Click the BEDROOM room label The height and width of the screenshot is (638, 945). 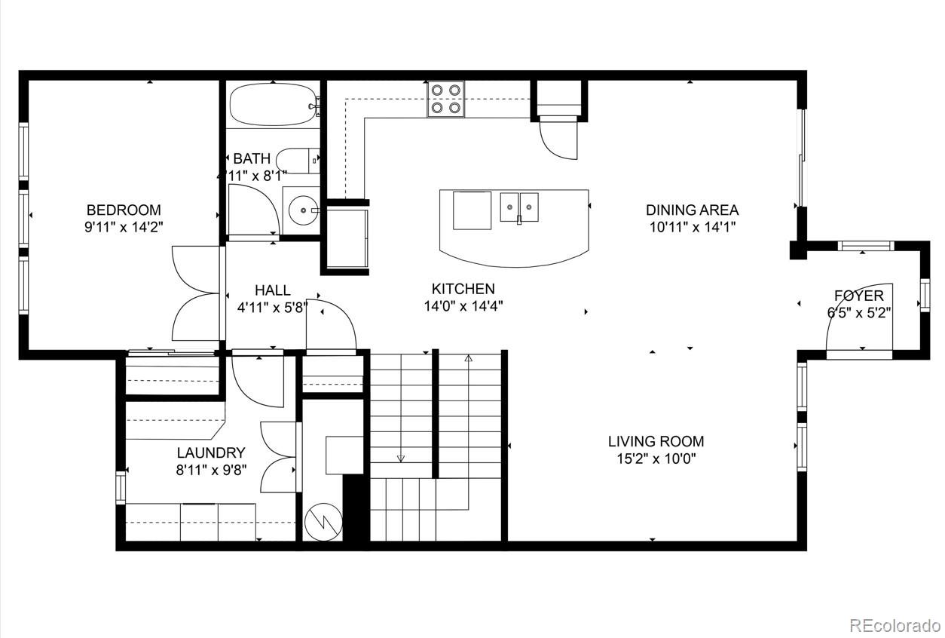pos(124,210)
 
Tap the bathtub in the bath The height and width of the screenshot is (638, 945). pos(274,104)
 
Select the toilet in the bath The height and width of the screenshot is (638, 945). pos(298,161)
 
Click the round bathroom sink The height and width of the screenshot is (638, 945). pos(304,210)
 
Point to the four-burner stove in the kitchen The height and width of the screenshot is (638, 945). pos(446,99)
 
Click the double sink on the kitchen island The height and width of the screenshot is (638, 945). pos(519,207)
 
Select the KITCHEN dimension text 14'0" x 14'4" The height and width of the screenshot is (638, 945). pos(463,305)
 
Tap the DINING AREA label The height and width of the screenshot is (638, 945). pos(693,210)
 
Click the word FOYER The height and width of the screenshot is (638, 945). pos(859,296)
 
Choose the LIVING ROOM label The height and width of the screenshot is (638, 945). pos(656,441)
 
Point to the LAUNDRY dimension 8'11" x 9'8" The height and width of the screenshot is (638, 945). pos(211,470)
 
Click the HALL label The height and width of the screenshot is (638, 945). pos(273,290)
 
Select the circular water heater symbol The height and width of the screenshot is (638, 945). pos(324,521)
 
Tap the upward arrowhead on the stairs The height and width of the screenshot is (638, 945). pos(468,358)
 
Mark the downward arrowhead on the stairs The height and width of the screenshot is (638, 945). pos(401,459)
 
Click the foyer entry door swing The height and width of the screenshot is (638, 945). pos(837,312)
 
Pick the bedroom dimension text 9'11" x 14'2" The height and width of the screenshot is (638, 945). pos(124,227)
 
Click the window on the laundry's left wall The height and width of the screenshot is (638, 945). pos(121,487)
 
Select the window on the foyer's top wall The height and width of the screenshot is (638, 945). pos(866,246)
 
